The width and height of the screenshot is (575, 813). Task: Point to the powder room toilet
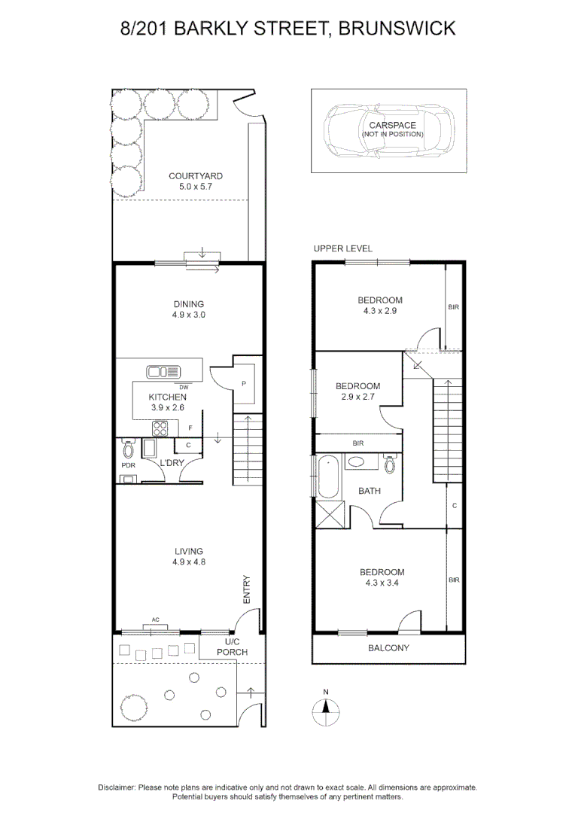127,450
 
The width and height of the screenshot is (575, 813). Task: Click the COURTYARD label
196,176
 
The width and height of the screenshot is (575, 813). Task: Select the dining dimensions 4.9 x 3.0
187,315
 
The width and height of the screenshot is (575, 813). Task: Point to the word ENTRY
246,589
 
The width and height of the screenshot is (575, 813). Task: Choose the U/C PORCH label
232,647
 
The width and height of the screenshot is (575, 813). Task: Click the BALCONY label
388,648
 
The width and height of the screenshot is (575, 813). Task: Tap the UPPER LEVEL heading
343,248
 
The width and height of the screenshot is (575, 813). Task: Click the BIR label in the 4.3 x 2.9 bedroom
453,307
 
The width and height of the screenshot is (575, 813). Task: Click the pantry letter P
244,383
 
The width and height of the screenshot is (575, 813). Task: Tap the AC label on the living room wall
156,620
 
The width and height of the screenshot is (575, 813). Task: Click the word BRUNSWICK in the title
397,29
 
